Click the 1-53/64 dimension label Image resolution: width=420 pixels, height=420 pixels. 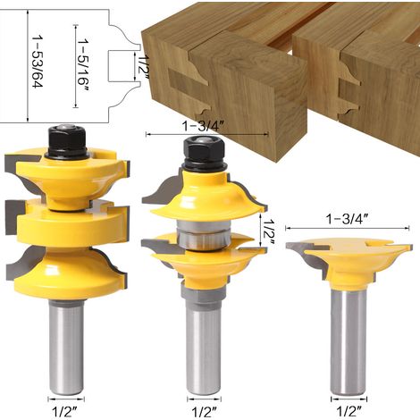[x=38, y=62]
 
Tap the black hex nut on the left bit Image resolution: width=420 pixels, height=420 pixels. [x=66, y=139]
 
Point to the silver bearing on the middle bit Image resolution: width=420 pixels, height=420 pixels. [x=204, y=234]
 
